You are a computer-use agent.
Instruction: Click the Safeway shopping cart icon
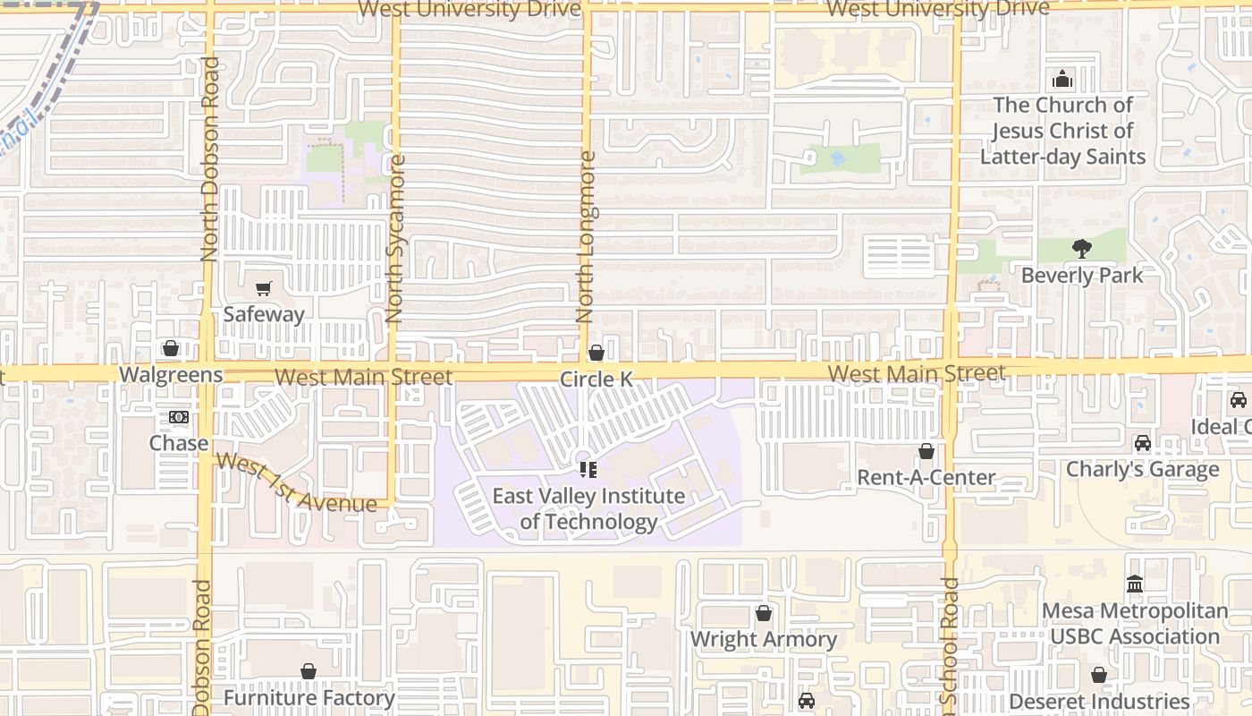[263, 289]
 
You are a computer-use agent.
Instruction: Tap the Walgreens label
[171, 374]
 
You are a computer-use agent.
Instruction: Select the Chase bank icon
[179, 417]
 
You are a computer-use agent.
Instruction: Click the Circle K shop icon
[596, 354]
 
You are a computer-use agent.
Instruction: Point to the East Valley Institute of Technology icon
[588, 469]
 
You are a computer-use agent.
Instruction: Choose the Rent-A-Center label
[926, 477]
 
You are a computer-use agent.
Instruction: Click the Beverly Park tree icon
[1082, 249]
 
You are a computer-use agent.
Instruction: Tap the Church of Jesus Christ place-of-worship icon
[1062, 80]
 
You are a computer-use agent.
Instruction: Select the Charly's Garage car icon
[1143, 443]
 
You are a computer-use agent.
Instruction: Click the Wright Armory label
[764, 639]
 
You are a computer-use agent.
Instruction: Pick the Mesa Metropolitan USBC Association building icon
[1135, 584]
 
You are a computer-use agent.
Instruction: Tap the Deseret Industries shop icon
[1099, 676]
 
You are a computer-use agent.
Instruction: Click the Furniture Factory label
[309, 697]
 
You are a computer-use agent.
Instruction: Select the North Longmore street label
[586, 237]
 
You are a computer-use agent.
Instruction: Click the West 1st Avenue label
[296, 484]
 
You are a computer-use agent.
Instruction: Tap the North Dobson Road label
[210, 159]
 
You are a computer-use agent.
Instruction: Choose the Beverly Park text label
[1082, 275]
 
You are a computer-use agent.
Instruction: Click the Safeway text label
[264, 314]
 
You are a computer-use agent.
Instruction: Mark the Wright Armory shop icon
[764, 614]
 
